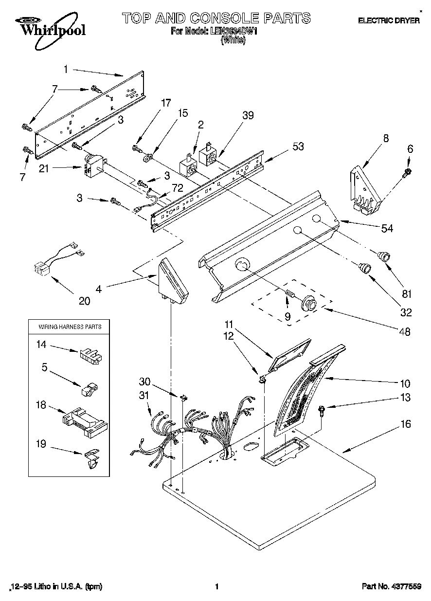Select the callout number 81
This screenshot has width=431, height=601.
407,293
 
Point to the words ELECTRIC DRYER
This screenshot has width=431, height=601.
389,21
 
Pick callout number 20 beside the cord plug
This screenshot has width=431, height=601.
84,301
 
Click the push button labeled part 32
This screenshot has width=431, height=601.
363,267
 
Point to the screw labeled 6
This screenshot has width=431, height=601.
408,171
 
